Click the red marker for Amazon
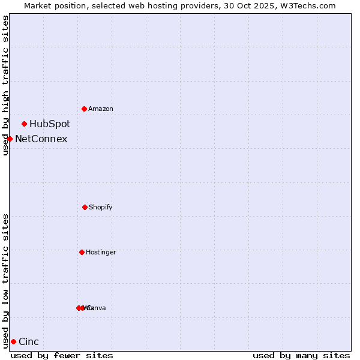coord(84,109)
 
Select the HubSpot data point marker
coord(24,124)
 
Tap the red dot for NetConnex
coord(10,139)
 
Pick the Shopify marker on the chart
coord(85,207)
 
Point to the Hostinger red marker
coord(82,252)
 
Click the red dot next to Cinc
coord(13,341)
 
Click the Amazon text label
coord(100,109)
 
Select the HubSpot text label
coord(50,124)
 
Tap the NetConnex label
coord(41,139)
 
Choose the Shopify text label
coord(100,207)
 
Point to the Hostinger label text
coord(101,252)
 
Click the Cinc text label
coord(29,342)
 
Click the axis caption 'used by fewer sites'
coord(62,355)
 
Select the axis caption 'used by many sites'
coord(301,355)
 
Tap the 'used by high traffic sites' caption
coord(5,85)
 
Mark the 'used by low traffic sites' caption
coord(5,281)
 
